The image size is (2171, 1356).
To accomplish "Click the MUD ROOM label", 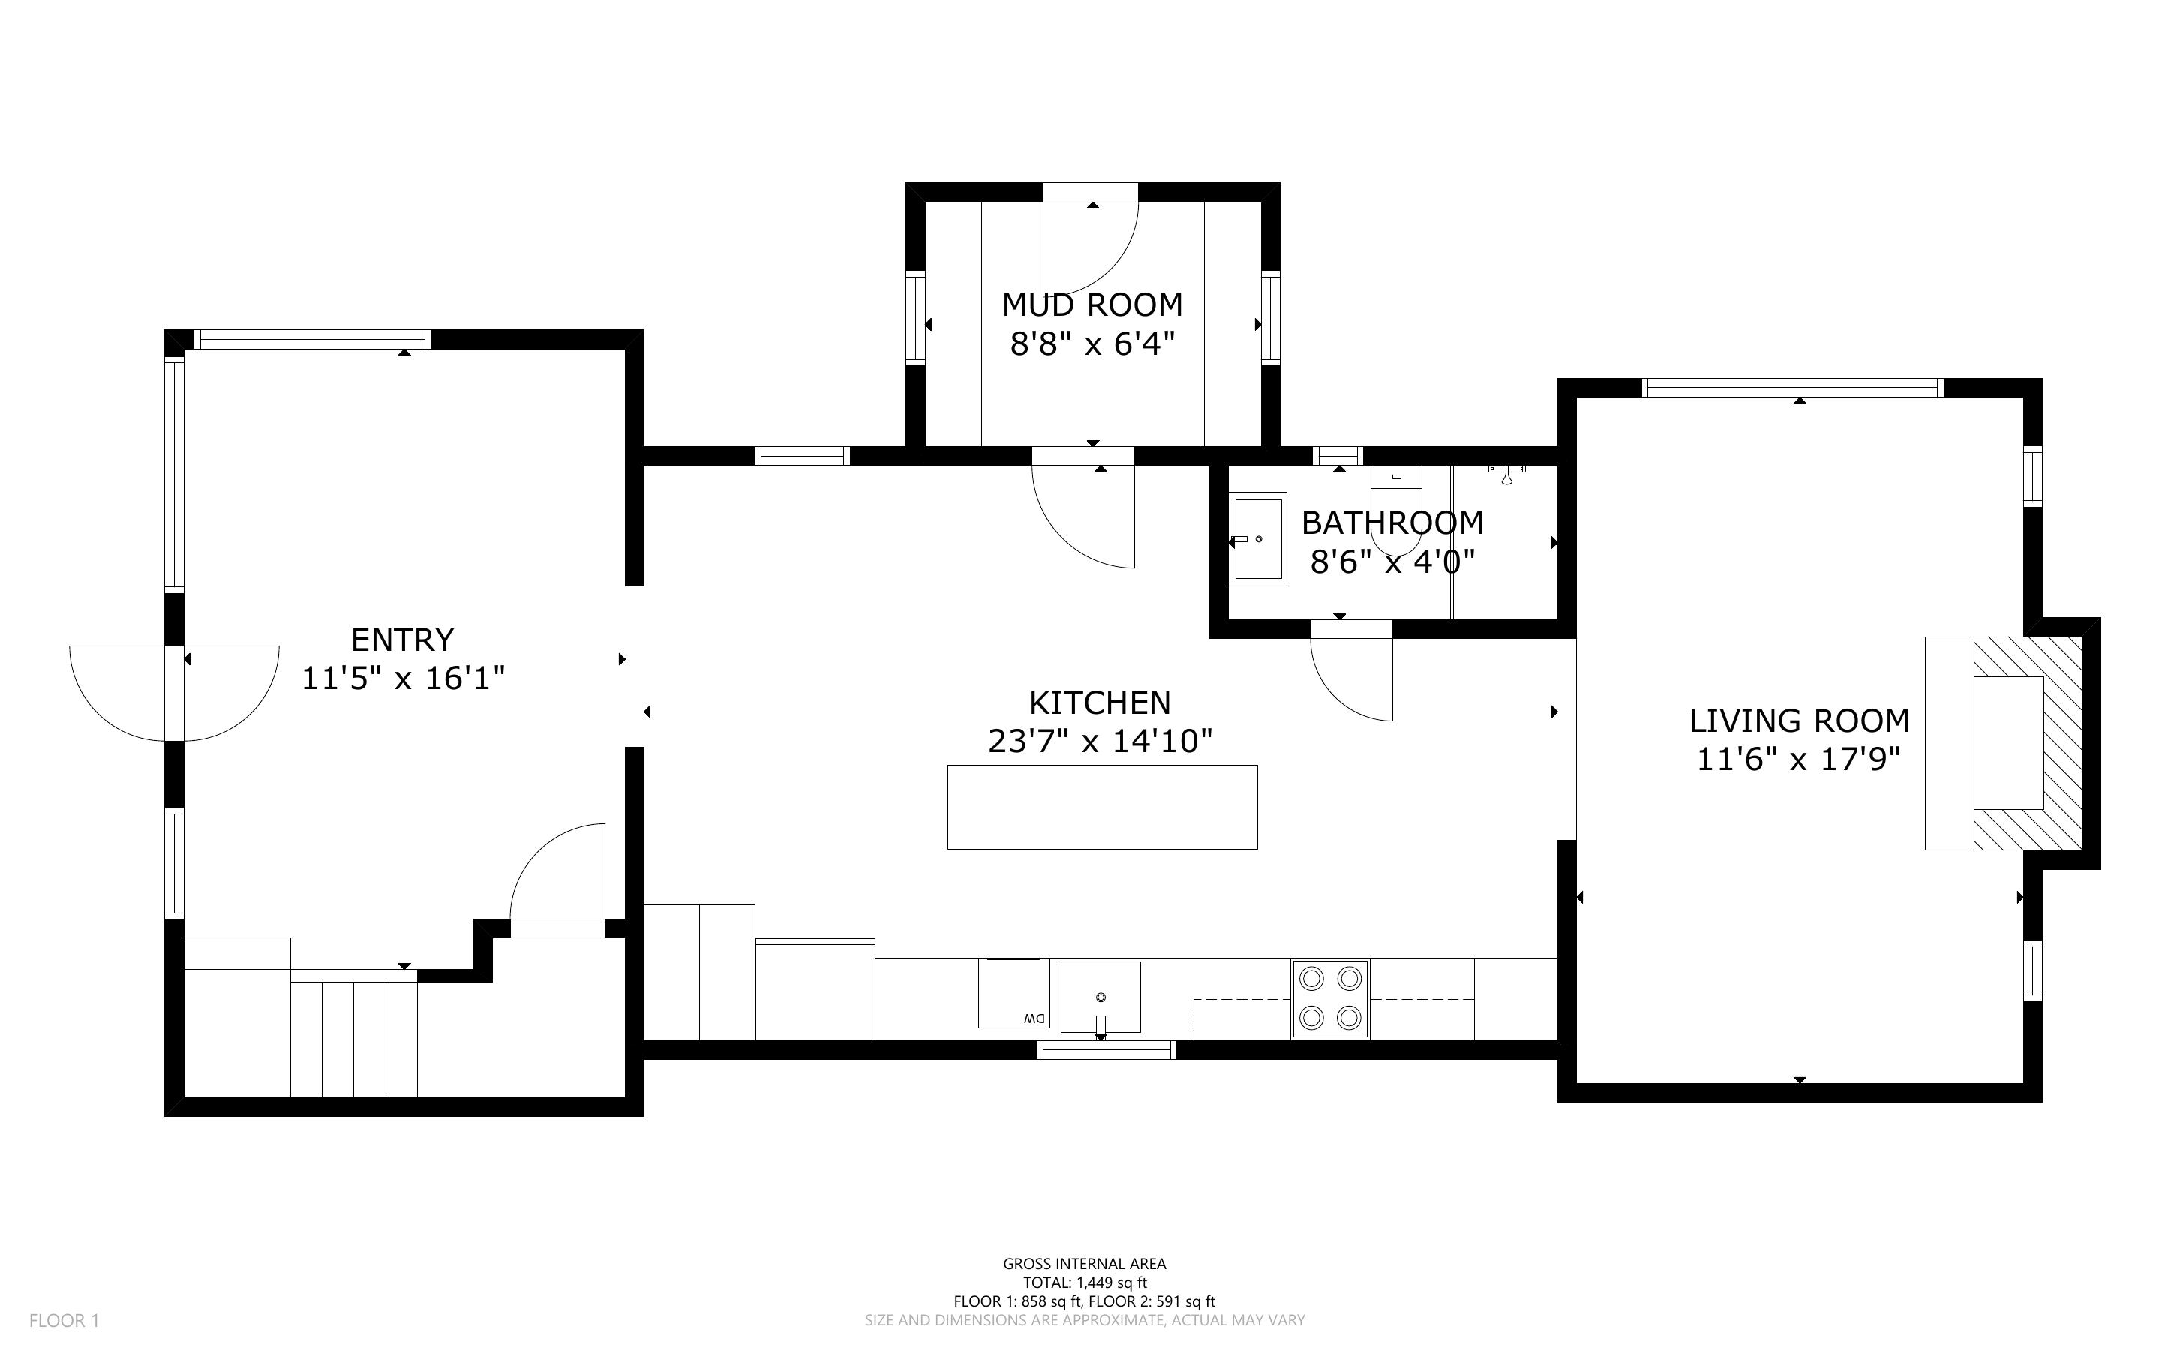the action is [1092, 305].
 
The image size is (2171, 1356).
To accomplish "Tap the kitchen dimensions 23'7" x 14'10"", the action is [1101, 742].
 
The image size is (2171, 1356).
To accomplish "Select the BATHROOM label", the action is [1392, 522].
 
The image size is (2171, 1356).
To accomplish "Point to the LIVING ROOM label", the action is [1799, 721].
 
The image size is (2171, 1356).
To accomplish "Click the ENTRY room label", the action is [403, 640].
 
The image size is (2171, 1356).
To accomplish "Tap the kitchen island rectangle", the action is [1102, 807].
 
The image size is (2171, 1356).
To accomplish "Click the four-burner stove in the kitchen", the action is [1330, 999].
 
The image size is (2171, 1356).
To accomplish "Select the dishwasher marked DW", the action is [1013, 994].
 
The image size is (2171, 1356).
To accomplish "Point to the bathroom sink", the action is [1259, 539].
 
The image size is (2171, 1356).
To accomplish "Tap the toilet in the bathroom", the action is [1396, 509].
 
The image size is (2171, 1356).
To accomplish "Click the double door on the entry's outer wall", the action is [174, 693].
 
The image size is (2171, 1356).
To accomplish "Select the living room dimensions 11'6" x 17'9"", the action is [1799, 760].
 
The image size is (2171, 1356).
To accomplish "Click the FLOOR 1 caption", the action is [65, 1321].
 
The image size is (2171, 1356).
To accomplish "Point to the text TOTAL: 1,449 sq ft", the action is [1085, 1282].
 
